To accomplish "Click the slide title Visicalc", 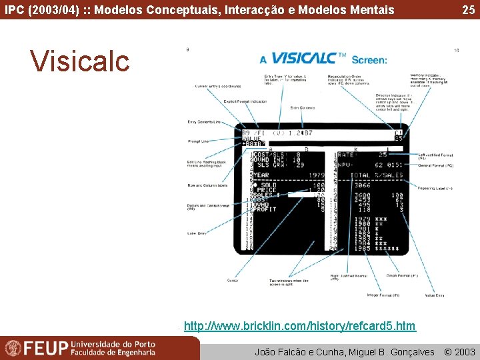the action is (80, 61).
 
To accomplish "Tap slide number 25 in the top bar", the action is (469, 9).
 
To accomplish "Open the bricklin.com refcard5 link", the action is (299, 326).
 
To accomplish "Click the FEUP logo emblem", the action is (13, 348).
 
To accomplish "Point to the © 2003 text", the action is (460, 351).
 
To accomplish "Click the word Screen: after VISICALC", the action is (369, 59).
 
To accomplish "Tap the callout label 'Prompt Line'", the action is (199, 141).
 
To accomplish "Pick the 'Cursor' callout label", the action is (232, 280).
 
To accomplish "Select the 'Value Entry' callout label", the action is (435, 295).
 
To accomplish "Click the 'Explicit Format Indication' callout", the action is (245, 101).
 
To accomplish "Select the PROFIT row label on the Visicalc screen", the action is (265, 209).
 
